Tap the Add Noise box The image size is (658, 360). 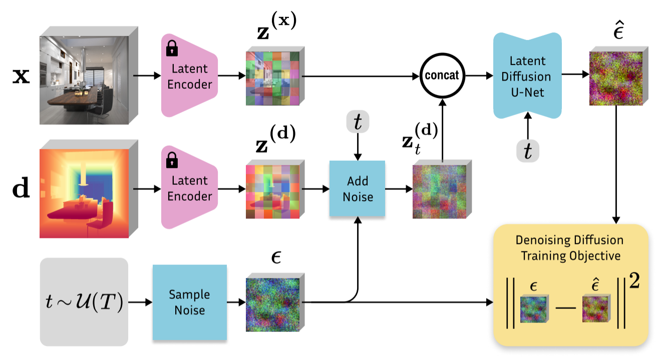pyautogui.click(x=357, y=188)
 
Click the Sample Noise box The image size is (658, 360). pyautogui.click(x=189, y=302)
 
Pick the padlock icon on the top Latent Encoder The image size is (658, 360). pyautogui.click(x=172, y=49)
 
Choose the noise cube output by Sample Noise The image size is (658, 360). pyautogui.click(x=272, y=304)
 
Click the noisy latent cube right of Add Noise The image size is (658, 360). pyautogui.click(x=439, y=191)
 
